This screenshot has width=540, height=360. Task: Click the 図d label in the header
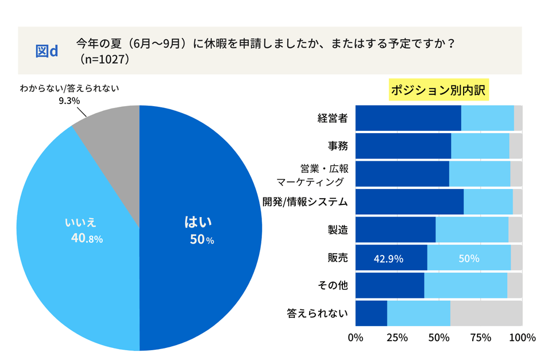click(x=47, y=51)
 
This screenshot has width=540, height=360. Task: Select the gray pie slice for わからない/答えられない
click(x=112, y=138)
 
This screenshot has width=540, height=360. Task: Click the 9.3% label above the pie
click(x=69, y=100)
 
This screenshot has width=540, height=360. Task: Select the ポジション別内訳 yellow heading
click(x=439, y=91)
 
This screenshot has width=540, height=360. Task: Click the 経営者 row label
click(x=333, y=119)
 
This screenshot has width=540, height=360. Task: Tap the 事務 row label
click(x=337, y=146)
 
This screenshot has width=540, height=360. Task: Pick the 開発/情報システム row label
click(x=306, y=202)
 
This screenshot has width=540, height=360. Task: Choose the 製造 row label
click(x=337, y=230)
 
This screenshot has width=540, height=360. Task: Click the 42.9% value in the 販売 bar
click(x=388, y=258)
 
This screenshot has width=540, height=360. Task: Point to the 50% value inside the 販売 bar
click(x=469, y=258)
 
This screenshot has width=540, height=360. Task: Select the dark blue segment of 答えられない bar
click(x=371, y=313)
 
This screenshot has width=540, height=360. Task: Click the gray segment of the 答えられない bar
click(x=486, y=313)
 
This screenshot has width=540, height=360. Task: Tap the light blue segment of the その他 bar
click(x=465, y=286)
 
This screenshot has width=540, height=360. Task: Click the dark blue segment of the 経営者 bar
click(x=408, y=118)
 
